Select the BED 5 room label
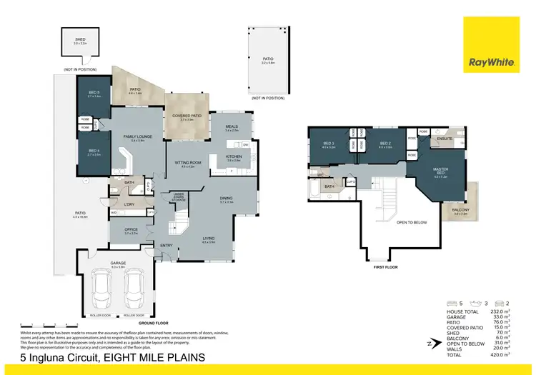tap(94, 93)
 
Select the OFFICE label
tap(131, 229)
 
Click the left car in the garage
tap(100, 289)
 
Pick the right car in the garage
tap(134, 289)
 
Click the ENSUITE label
tap(444, 139)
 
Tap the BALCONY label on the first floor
tap(460, 210)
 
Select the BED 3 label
tap(329, 144)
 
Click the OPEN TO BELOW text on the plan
tap(412, 222)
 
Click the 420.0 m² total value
tap(502, 354)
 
